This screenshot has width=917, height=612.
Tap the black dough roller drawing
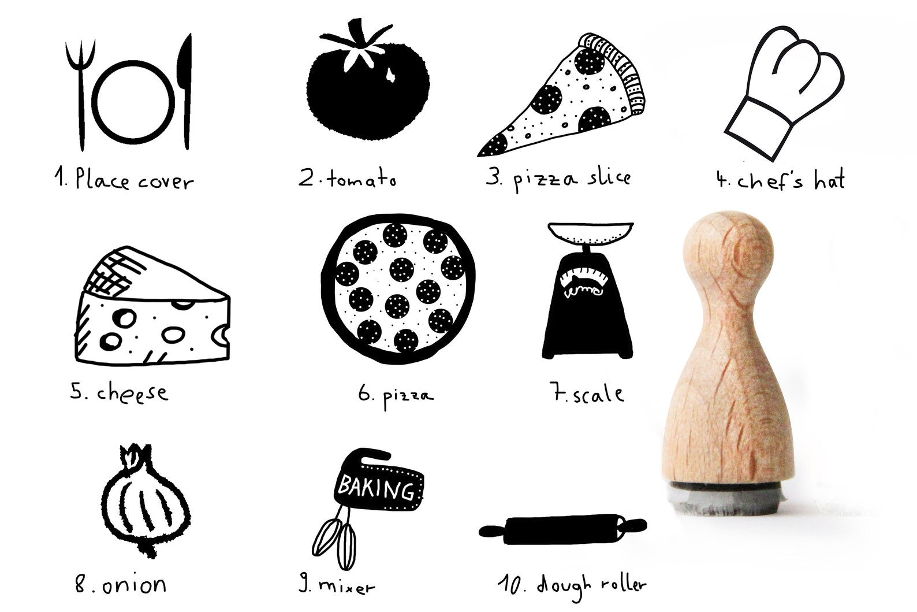coord(563,529)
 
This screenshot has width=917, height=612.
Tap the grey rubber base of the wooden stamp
coord(728,498)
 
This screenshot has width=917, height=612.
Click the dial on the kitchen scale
coord(583,281)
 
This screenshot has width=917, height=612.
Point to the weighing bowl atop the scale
coord(590,232)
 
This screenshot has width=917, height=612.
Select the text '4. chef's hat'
coord(780,180)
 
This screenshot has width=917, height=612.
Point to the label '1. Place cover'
coord(124,179)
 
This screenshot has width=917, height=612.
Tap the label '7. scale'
coord(587,394)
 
